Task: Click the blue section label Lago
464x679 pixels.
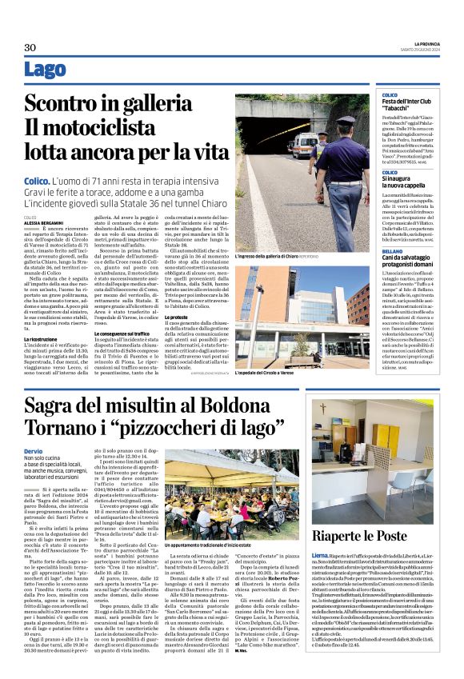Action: (x=45, y=70)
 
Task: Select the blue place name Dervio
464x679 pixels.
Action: (x=33, y=453)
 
